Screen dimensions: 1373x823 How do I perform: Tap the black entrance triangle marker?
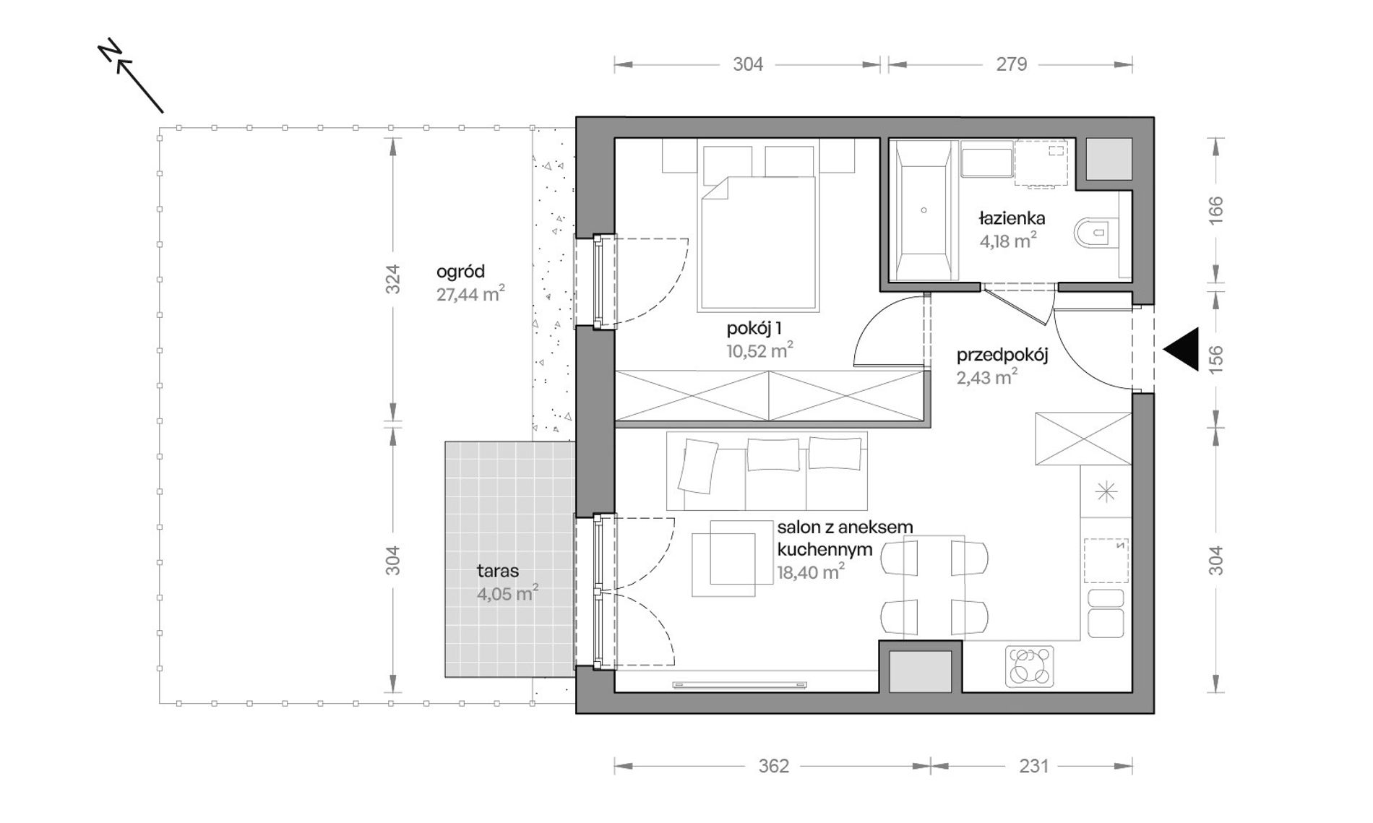coord(1182,350)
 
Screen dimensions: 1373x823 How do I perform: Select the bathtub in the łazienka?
coord(924,210)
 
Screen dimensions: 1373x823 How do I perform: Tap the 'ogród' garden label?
coord(460,272)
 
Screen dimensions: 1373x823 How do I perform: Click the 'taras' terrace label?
coord(498,571)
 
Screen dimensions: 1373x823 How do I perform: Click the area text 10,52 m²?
coord(759,351)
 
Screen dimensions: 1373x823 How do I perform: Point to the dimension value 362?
coord(773,766)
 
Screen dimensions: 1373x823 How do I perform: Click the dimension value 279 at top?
coord(1012,64)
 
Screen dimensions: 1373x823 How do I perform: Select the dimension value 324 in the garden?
coord(392,280)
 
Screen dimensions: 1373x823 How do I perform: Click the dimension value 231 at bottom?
coord(1033,766)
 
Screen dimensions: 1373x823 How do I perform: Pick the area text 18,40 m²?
coord(811,572)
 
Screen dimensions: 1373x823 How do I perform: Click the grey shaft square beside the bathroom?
coord(1109,159)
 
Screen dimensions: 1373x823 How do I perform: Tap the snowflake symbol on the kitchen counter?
coord(1106,493)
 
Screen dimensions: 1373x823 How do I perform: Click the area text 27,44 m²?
coord(470,293)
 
